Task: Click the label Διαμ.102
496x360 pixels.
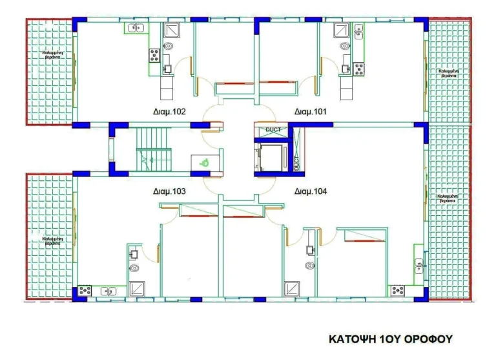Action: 170,112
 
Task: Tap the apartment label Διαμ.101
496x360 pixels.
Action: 311,112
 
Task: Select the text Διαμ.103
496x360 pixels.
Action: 170,191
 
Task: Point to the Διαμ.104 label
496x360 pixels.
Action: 311,191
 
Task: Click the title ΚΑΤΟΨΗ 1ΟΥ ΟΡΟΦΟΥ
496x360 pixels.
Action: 389,339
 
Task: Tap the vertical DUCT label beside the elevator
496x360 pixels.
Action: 297,162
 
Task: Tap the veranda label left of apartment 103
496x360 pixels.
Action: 52,242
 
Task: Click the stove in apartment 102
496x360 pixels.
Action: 155,54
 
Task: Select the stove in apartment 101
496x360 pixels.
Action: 358,65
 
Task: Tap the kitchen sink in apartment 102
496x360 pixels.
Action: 136,28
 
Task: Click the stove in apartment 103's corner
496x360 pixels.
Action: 85,290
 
